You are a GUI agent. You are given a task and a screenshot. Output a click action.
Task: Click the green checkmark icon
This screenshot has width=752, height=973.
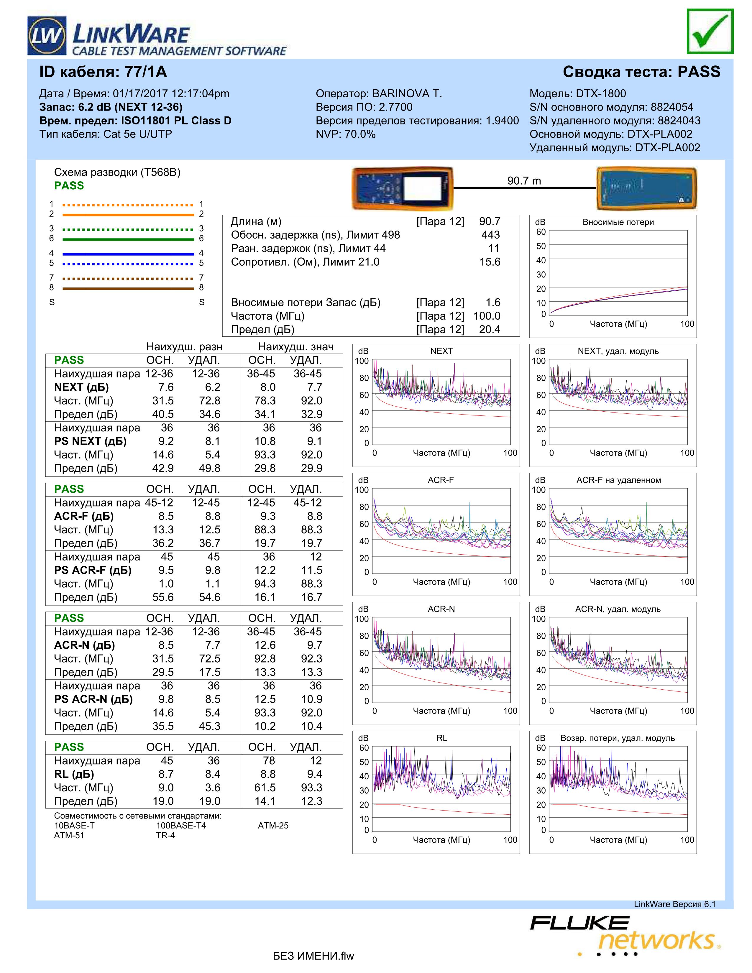(x=710, y=31)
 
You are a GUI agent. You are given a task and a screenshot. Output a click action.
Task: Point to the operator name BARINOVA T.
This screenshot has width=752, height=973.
(x=407, y=93)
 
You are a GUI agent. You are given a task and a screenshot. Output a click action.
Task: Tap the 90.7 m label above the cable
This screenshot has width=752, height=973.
(x=524, y=180)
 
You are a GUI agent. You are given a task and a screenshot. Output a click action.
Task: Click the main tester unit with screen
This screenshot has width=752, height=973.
(x=402, y=188)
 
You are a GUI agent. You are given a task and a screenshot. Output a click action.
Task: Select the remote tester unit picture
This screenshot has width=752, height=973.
(x=646, y=188)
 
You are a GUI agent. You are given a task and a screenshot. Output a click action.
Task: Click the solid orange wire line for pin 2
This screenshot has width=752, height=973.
(x=128, y=215)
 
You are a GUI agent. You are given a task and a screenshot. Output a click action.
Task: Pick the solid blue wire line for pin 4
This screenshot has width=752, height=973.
(x=128, y=254)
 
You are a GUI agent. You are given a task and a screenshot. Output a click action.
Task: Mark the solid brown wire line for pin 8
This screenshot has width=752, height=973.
(x=128, y=289)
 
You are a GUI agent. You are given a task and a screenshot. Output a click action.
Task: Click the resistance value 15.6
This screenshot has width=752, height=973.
(x=490, y=262)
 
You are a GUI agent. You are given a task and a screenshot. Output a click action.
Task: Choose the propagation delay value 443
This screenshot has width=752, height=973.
(x=490, y=235)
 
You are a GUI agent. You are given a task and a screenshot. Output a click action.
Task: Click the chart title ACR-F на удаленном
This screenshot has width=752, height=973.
(x=618, y=480)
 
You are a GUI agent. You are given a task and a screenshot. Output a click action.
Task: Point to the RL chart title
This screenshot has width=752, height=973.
(x=441, y=738)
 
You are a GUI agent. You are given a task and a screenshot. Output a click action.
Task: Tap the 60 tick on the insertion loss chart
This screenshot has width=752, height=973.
(x=540, y=232)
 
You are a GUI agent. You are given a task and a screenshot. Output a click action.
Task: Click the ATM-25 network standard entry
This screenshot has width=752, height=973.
(x=273, y=826)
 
